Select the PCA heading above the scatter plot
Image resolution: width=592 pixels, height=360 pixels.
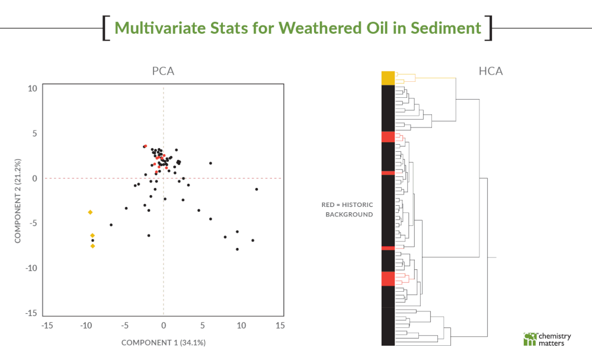163,72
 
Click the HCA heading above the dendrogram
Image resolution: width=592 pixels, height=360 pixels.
490,72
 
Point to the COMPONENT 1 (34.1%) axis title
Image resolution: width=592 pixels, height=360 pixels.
163,343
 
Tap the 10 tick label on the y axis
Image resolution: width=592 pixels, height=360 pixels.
32,88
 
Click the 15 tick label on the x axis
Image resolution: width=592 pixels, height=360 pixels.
280,325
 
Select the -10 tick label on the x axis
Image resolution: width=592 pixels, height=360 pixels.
86,325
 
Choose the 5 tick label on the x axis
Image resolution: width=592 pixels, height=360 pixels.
202,325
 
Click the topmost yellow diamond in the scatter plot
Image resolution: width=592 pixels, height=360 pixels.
90,212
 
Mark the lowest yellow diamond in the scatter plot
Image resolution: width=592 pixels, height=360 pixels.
92,246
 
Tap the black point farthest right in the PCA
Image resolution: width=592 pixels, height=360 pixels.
257,189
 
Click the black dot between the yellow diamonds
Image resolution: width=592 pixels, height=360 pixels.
92,240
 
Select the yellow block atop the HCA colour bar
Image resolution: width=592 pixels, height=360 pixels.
388,78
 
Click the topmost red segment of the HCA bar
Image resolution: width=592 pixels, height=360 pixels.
388,136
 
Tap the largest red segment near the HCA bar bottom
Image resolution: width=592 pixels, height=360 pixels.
388,279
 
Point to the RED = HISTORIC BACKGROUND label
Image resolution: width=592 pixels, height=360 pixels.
348,209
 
